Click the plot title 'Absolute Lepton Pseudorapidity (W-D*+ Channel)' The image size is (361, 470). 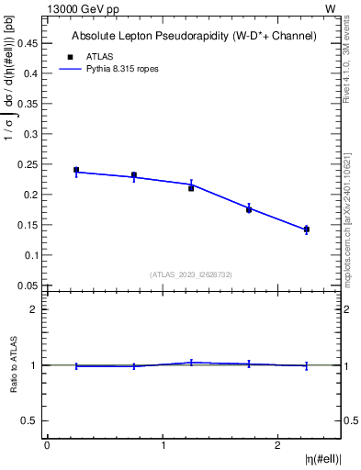[194, 37]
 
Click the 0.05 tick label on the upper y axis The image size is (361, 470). [28, 285]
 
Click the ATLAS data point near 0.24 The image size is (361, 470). [76, 170]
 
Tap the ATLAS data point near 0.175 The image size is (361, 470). [249, 209]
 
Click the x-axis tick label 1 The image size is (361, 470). [163, 445]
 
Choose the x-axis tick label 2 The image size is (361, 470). [278, 445]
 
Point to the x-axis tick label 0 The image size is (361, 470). [47, 445]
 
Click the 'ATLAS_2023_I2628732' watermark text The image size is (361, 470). [191, 274]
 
